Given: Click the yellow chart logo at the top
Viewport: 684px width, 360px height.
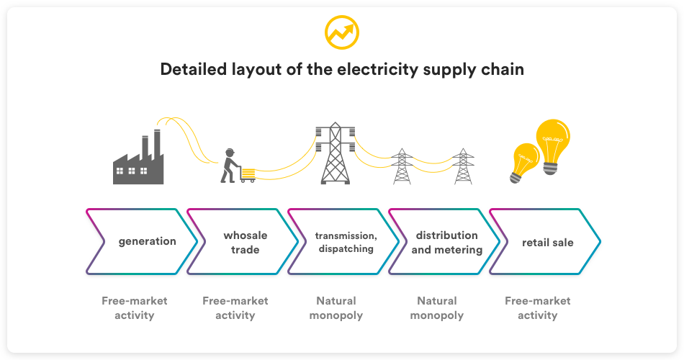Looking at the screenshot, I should click(341, 32).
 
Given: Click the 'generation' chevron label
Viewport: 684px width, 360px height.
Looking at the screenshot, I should click(147, 242).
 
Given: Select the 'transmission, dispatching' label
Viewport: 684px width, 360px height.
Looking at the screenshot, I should click(346, 242).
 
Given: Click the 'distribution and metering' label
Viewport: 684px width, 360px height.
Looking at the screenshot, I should click(446, 242).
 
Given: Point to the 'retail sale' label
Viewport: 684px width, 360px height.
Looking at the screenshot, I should click(547, 242).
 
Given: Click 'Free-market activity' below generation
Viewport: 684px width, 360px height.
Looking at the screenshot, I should click(135, 307).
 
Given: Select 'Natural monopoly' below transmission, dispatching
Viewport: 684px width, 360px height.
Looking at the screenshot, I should click(336, 307).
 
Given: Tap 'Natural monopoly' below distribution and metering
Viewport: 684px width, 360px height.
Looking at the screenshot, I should click(437, 307).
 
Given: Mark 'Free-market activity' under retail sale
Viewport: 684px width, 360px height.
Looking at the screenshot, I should click(538, 307).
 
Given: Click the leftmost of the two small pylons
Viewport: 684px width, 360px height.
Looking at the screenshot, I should click(402, 166).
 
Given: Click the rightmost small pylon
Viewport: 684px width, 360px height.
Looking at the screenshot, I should click(463, 166).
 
